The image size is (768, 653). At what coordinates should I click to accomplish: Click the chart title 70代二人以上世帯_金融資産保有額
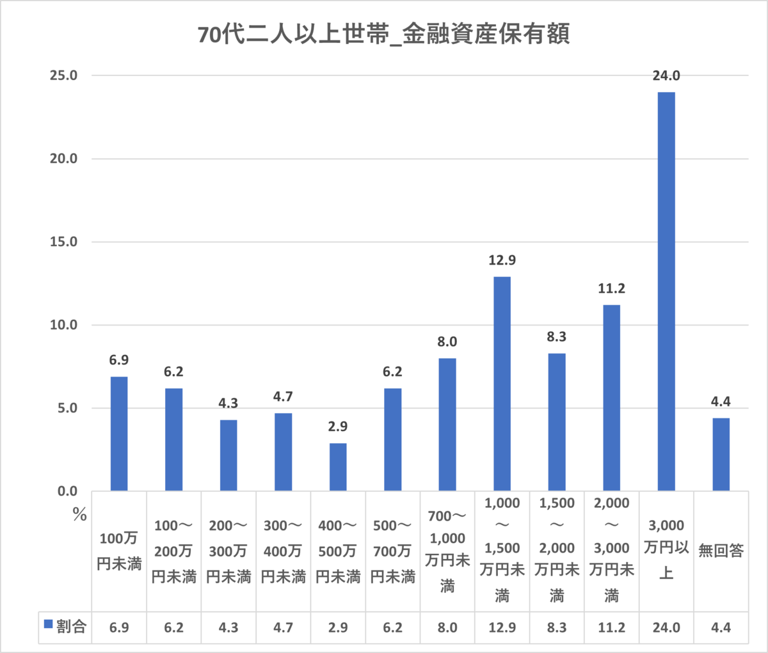pyautogui.click(x=383, y=34)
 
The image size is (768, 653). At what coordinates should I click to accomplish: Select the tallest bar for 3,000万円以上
pyautogui.click(x=666, y=291)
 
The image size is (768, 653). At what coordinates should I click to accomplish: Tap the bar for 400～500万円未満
pyautogui.click(x=338, y=467)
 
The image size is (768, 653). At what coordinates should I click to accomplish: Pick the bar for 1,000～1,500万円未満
pyautogui.click(x=502, y=384)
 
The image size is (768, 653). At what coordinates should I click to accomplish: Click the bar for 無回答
pyautogui.click(x=721, y=454)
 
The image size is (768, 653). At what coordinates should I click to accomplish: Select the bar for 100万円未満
pyautogui.click(x=119, y=434)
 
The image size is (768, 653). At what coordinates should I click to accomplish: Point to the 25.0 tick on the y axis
pyautogui.click(x=63, y=75)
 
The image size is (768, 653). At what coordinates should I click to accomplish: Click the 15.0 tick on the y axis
pyautogui.click(x=63, y=242)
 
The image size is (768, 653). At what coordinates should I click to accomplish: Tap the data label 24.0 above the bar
pyautogui.click(x=666, y=76)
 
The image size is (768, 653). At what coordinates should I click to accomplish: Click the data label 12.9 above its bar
pyautogui.click(x=502, y=260)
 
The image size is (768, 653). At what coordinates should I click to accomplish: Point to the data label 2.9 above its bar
pyautogui.click(x=338, y=427)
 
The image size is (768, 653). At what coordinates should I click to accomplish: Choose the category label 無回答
pyautogui.click(x=721, y=551)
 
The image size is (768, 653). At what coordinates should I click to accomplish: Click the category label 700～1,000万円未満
pyautogui.click(x=447, y=551)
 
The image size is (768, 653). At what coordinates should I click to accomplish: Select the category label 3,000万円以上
pyautogui.click(x=666, y=549)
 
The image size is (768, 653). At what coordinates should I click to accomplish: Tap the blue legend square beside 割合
pyautogui.click(x=48, y=624)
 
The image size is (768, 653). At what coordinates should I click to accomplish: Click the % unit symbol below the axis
pyautogui.click(x=79, y=515)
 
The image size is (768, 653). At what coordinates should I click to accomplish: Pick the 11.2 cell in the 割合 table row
pyautogui.click(x=611, y=627)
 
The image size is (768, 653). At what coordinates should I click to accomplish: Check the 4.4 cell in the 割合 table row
pyautogui.click(x=721, y=627)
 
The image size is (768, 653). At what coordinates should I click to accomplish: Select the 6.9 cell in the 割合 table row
pyautogui.click(x=119, y=627)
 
